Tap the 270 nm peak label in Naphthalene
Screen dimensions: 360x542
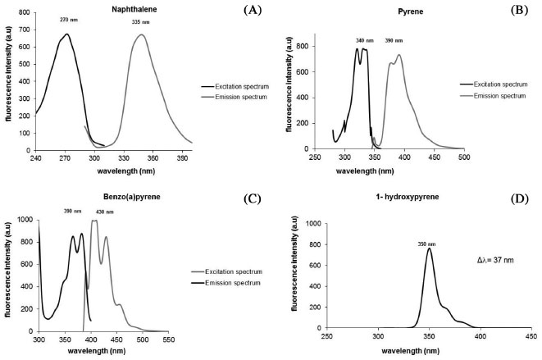68,19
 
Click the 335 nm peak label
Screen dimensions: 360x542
141,22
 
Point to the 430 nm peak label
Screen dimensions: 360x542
107,212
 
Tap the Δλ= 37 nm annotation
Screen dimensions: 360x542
496,260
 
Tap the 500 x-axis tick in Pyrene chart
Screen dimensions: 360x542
463,158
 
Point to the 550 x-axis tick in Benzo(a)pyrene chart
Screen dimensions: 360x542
169,339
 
